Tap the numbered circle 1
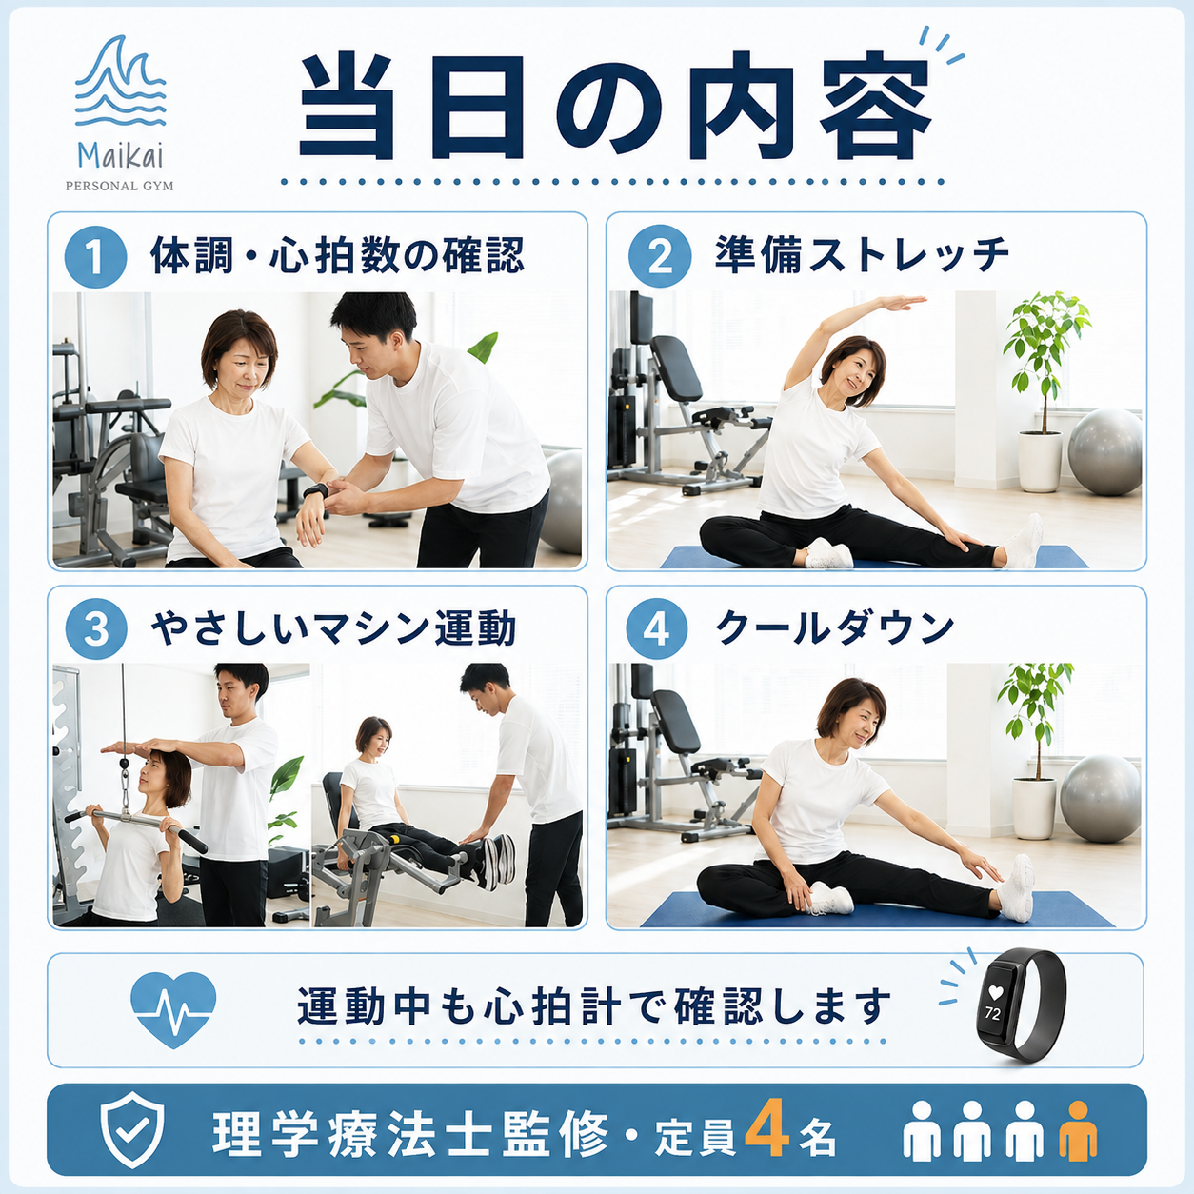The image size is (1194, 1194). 95,256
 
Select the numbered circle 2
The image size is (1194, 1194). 659,256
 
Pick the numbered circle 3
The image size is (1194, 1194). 96,628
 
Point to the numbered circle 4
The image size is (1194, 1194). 657,628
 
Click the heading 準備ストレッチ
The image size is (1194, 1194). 862,254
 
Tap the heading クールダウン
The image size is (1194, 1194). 834,627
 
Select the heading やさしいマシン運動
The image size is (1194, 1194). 333,628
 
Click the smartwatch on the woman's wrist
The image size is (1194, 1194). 315,490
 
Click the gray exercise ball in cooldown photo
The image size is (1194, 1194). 1100,798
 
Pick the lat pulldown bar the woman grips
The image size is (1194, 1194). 136,825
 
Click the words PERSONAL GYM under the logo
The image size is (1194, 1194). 120,186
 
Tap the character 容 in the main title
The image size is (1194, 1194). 876,106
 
